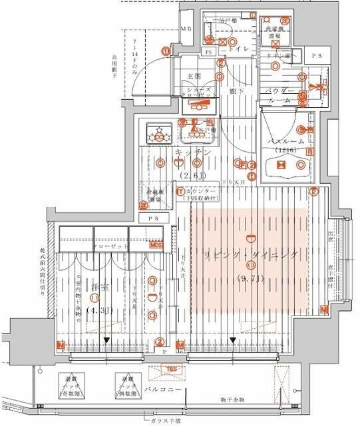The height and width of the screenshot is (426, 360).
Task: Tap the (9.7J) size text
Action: (251, 278)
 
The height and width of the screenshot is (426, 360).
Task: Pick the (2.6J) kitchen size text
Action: (192, 174)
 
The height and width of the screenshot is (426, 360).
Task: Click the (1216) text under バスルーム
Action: (288, 152)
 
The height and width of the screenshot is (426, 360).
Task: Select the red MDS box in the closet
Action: (156, 245)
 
